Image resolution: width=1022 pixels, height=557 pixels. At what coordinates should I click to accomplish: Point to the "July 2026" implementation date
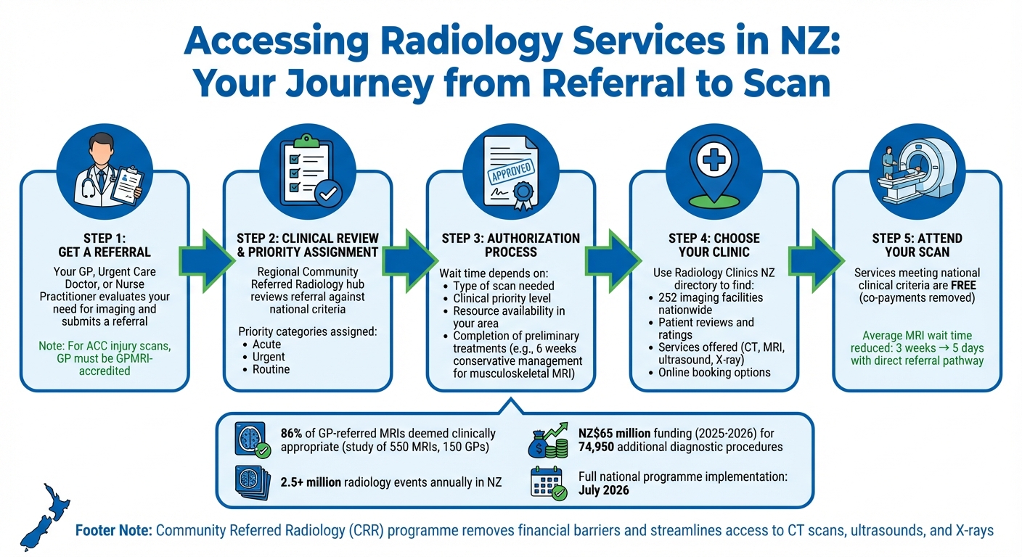[x=604, y=490]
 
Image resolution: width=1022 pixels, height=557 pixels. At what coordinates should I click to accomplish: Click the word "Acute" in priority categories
[x=266, y=344]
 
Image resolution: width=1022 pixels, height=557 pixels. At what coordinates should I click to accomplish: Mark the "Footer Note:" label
[x=113, y=531]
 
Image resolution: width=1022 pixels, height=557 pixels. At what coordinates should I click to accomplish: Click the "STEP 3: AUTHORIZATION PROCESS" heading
[x=510, y=245]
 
